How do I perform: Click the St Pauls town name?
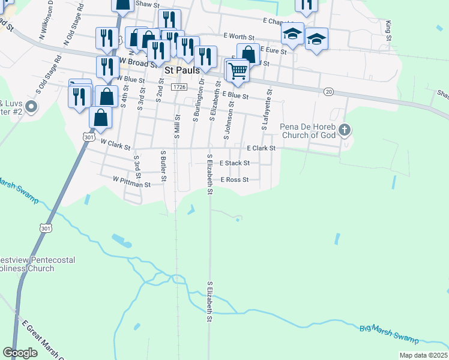pos(182,70)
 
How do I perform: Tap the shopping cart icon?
pos(238,71)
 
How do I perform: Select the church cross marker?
pos(345,129)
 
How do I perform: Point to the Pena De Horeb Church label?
pos(310,131)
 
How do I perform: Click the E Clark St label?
pos(261,148)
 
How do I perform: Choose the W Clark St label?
pos(116,143)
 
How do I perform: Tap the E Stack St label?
pos(235,163)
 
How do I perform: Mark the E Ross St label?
pos(235,180)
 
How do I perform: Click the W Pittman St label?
pos(131,181)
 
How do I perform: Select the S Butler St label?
pos(163,165)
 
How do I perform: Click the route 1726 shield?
pos(178,88)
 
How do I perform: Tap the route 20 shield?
pos(328,91)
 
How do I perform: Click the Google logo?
pos(20,353)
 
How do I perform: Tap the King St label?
pos(389,28)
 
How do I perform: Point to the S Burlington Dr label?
pos(195,101)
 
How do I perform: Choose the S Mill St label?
pos(177,125)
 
